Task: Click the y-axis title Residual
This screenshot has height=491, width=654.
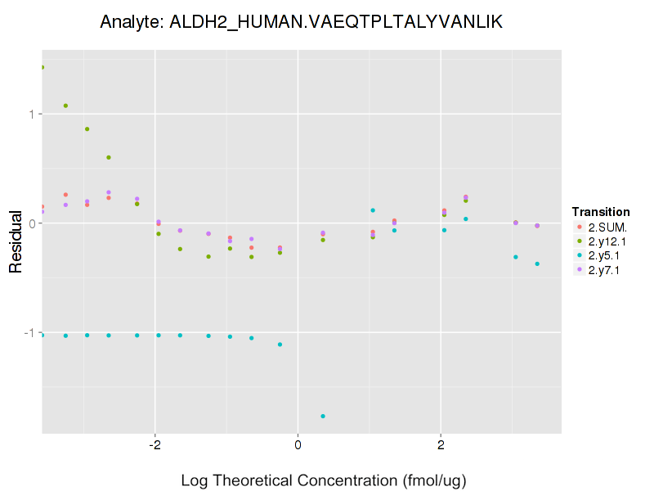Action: [16, 241]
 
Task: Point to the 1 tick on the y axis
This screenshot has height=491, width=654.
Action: [30, 114]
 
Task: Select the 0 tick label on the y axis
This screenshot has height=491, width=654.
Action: [30, 223]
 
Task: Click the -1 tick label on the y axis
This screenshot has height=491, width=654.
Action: [28, 333]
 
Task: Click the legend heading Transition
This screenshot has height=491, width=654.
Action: [601, 212]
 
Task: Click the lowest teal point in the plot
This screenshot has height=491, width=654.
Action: [323, 417]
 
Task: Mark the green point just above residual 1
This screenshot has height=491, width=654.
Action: [65, 106]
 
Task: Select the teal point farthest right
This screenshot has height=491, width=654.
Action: [537, 264]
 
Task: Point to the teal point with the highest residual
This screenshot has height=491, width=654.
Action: [373, 210]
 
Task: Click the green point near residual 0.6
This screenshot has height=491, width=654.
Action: [109, 157]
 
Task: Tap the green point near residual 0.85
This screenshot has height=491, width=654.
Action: [87, 128]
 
